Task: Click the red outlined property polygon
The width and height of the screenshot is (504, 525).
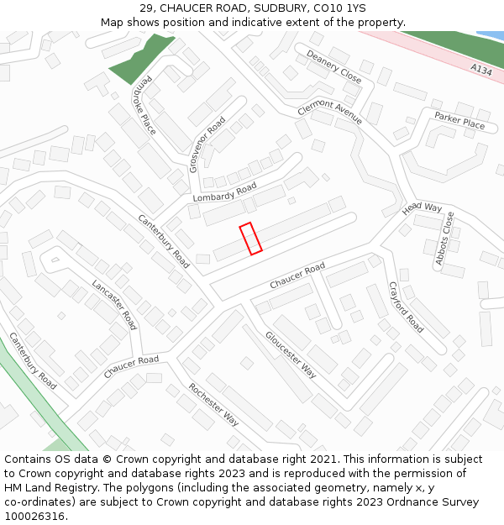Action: click(x=251, y=238)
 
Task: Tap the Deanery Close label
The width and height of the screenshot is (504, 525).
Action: click(x=333, y=66)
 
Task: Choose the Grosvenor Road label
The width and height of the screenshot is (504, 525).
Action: click(x=207, y=144)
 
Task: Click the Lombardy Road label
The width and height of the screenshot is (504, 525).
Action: click(x=224, y=192)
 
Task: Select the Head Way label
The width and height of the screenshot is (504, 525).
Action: click(x=422, y=207)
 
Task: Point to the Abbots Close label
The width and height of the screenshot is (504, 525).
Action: click(x=445, y=239)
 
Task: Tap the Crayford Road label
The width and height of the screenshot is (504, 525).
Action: click(x=406, y=306)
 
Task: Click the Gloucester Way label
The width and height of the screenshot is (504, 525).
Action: click(x=291, y=354)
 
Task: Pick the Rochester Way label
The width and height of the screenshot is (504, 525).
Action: click(x=214, y=404)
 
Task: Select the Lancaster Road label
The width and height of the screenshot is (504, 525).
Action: click(x=114, y=304)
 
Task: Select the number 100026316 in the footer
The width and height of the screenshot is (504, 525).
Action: click(x=34, y=517)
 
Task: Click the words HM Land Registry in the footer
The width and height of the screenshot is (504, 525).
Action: click(x=50, y=488)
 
